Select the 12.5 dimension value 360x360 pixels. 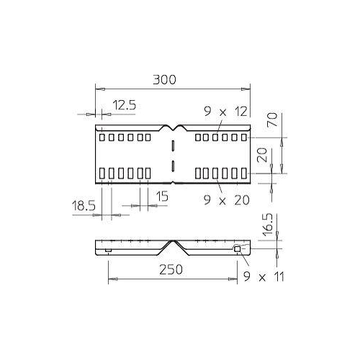[x=124, y=105]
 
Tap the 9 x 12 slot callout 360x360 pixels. [x=225, y=112]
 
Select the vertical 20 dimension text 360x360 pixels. [x=263, y=155]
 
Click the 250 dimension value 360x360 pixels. [x=170, y=269]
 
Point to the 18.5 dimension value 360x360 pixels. [x=84, y=206]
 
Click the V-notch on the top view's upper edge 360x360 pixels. [x=173, y=127]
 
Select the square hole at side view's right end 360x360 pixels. [x=237, y=249]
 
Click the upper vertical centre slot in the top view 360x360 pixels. [x=173, y=146]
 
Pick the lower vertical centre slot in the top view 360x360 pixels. [x=173, y=166]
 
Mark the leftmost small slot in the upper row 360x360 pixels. [x=102, y=137]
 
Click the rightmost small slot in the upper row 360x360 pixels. [x=243, y=137]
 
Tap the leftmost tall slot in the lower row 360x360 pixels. [x=102, y=173]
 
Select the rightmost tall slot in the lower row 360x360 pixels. [x=243, y=173]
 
